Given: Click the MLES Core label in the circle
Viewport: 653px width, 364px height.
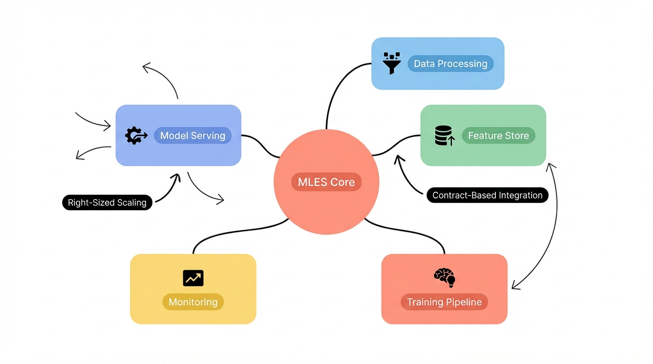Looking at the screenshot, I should pos(326,182).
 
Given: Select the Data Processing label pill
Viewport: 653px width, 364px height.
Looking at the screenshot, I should pos(450,64).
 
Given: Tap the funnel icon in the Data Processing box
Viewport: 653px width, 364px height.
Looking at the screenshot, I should pos(392,63).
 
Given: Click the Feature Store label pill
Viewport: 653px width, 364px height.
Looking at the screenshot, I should pos(498,136).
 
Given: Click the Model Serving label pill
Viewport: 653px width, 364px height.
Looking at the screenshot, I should pos(193,136).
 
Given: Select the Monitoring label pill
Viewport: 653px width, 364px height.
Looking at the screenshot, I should pos(193,302).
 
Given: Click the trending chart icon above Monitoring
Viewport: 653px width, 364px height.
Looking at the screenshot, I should pos(193,278).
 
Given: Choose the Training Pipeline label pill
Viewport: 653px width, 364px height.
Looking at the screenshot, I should pos(444,302).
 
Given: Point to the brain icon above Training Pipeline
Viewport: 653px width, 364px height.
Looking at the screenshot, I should pos(445,278).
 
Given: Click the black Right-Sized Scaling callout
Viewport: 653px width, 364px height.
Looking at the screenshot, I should pos(107,202).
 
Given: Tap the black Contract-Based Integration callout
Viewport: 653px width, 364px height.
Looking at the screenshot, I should pos(487,195).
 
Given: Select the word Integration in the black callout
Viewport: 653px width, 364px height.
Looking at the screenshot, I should pos(519,195).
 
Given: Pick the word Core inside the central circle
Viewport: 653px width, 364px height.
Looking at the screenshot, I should pos(343,182).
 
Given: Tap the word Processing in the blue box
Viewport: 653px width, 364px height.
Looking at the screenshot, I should pos(465,64).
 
